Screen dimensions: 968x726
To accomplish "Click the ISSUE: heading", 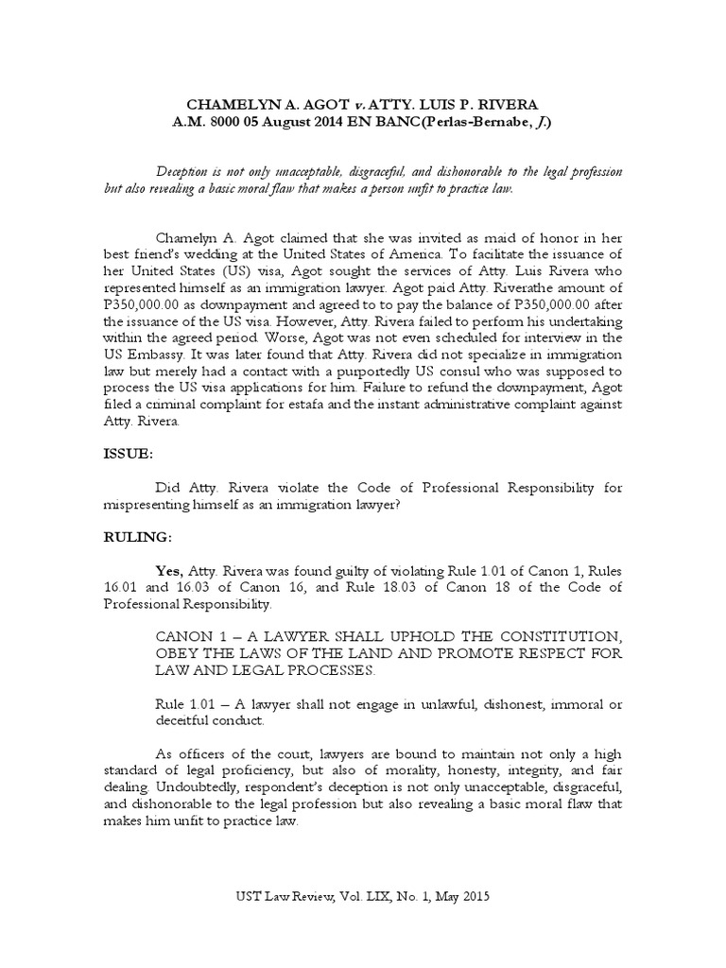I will coord(128,454).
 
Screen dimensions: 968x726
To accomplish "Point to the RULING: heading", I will coord(137,537).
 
